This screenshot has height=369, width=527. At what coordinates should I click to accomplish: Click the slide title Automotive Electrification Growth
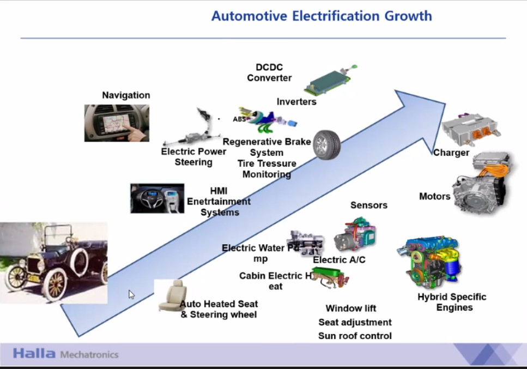322,16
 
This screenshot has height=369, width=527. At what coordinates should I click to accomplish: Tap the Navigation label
126,95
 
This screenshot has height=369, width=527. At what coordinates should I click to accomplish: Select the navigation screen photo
117,123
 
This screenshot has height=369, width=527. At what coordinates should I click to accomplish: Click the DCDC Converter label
269,72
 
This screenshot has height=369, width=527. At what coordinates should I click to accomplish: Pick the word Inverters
296,102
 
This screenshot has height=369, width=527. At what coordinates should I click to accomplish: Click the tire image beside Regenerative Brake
326,145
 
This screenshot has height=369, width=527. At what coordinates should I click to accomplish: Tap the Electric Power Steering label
193,157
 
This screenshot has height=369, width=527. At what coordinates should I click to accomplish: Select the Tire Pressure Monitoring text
266,169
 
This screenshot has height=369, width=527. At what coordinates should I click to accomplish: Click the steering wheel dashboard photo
157,198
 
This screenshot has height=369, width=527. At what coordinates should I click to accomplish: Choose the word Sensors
369,205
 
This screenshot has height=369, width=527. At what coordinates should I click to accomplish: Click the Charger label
451,153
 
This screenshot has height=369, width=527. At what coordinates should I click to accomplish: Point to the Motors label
435,196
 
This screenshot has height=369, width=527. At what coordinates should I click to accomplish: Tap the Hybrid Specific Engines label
452,302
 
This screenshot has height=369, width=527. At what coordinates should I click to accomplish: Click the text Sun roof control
355,336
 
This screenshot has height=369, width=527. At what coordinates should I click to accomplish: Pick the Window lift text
351,308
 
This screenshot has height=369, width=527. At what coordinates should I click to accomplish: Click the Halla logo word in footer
34,354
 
